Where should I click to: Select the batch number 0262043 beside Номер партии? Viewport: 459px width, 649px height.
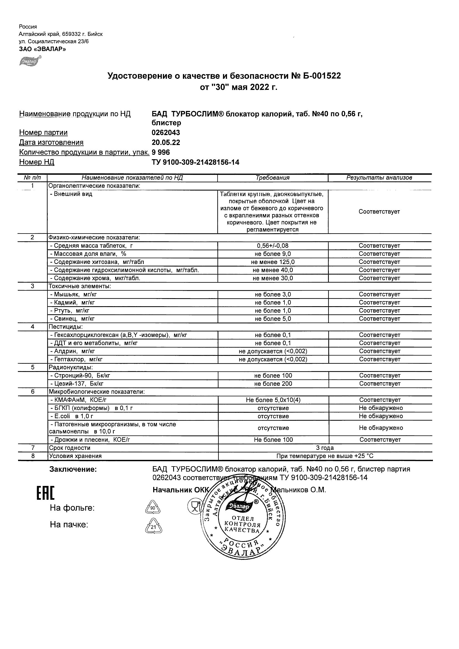point(166,133)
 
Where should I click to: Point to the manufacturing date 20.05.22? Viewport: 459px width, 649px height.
point(166,143)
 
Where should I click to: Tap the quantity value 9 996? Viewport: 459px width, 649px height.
point(161,152)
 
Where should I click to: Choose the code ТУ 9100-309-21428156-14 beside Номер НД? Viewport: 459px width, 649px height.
point(195,162)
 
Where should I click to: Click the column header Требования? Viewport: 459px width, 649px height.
point(273,178)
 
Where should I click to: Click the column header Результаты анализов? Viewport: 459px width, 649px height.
point(379,178)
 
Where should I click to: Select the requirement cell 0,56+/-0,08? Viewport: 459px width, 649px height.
point(273,246)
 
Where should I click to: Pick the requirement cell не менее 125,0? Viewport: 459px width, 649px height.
point(273,262)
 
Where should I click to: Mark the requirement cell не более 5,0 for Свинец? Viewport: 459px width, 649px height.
point(273,319)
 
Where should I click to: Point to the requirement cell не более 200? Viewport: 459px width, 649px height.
point(273,384)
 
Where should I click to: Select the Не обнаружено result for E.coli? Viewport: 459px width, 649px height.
point(381,416)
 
